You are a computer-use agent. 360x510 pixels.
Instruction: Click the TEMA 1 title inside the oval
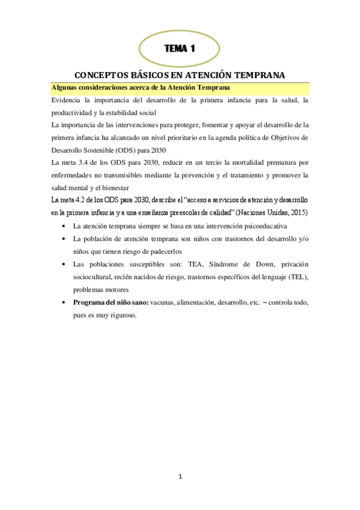[180, 48]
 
